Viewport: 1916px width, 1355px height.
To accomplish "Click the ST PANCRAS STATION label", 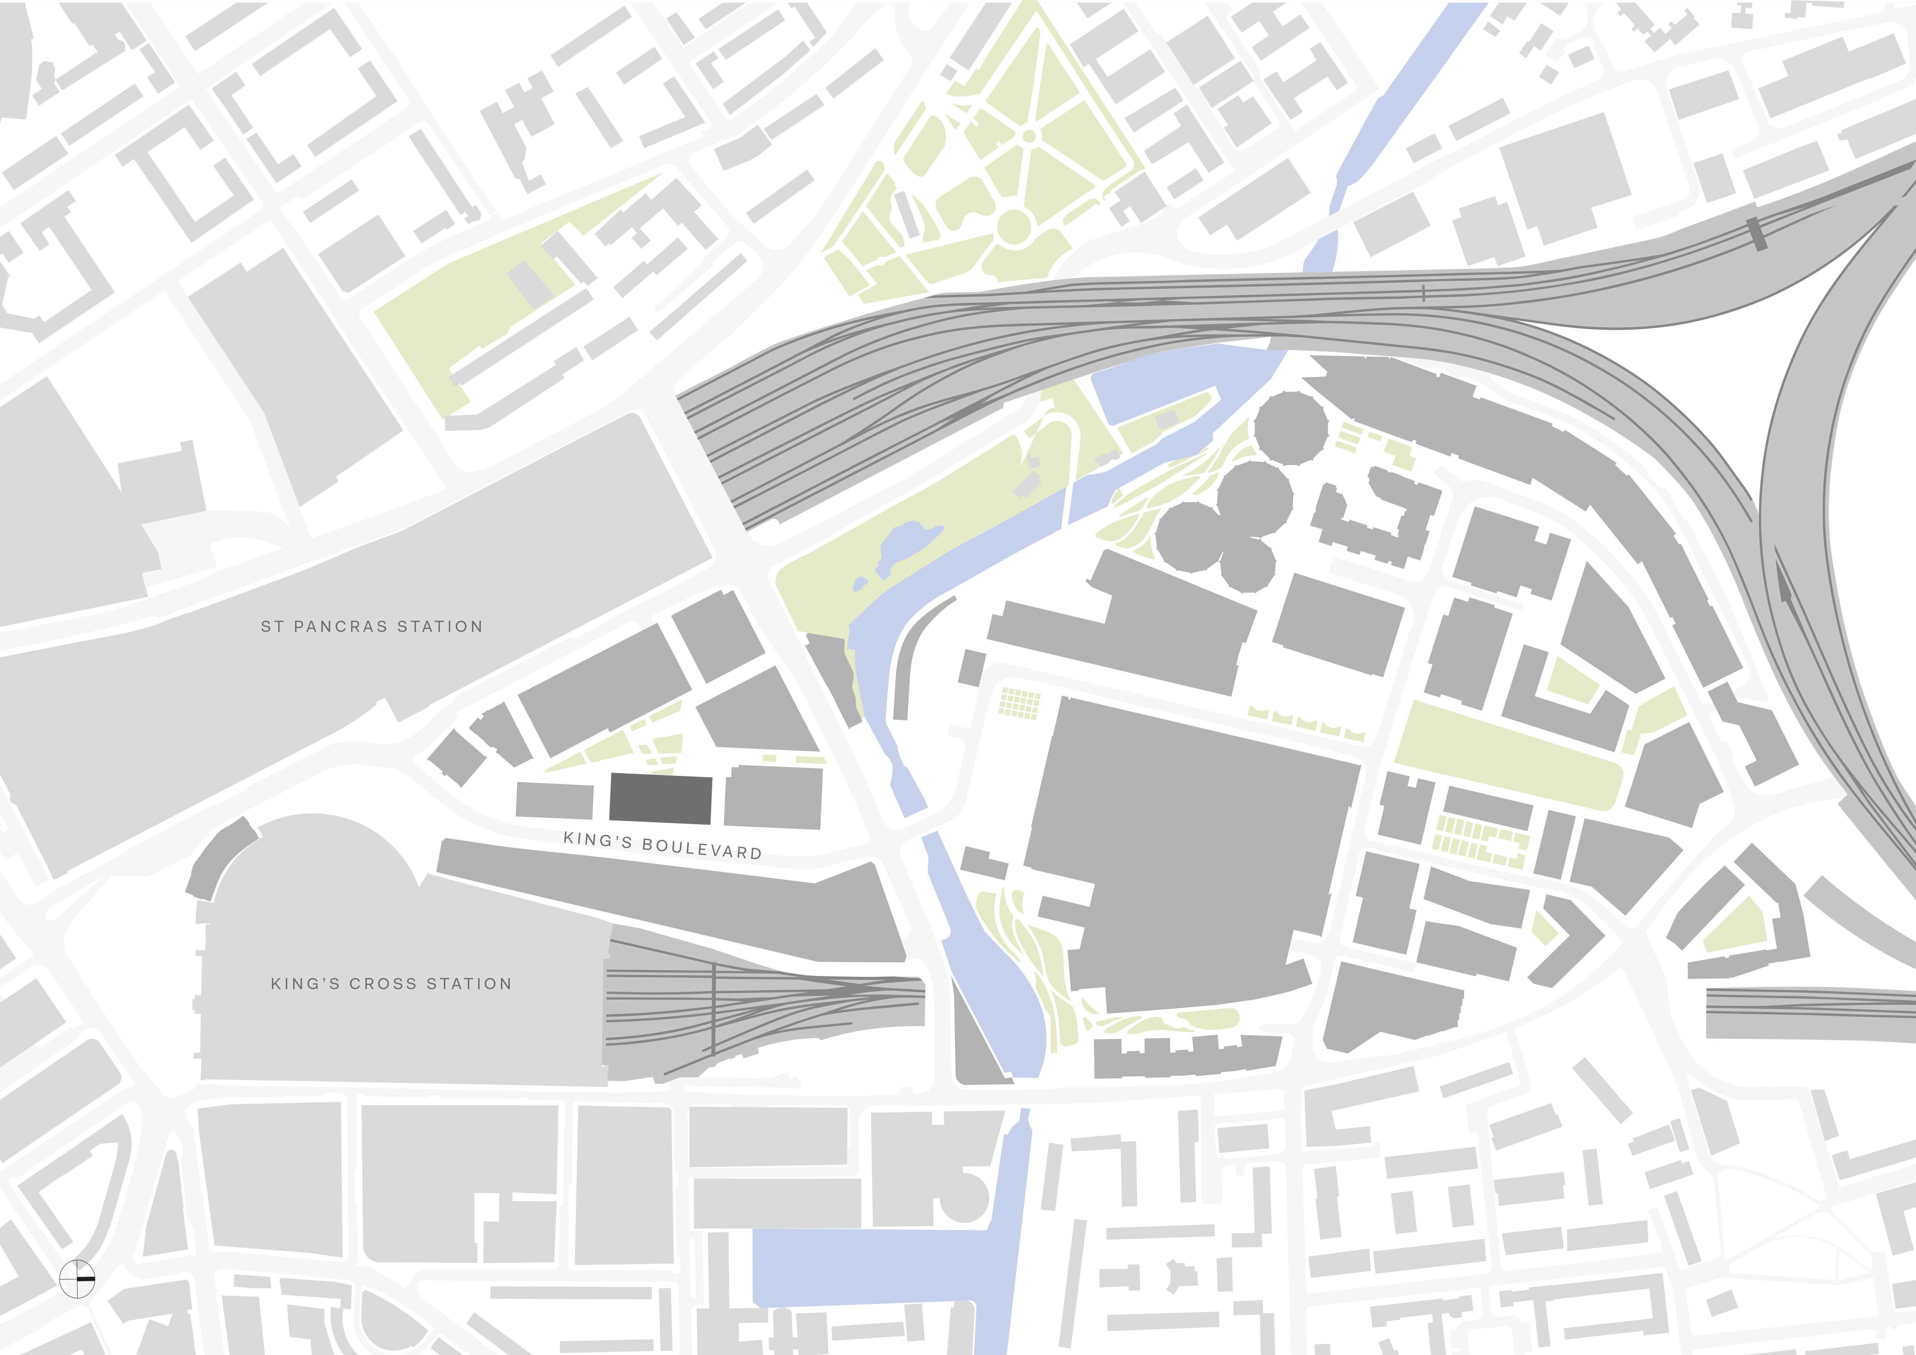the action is [372, 627].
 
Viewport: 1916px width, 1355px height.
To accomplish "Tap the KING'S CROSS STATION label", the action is [390, 985].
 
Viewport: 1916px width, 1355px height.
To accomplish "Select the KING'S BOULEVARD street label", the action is [663, 845].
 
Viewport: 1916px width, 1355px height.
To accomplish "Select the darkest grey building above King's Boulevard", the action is [660, 798].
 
